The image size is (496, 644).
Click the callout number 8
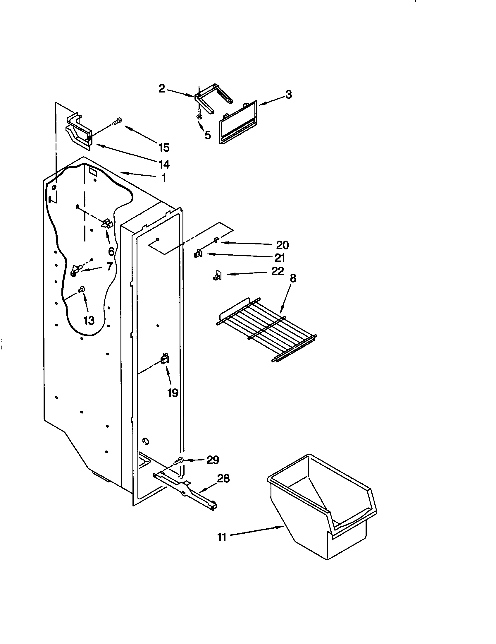pos(293,278)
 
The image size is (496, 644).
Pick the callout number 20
pos(282,245)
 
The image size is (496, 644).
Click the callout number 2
pos(162,88)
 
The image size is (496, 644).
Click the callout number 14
pos(164,164)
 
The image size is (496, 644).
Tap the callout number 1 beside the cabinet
pos(164,178)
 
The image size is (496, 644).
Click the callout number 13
pos(89,320)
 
